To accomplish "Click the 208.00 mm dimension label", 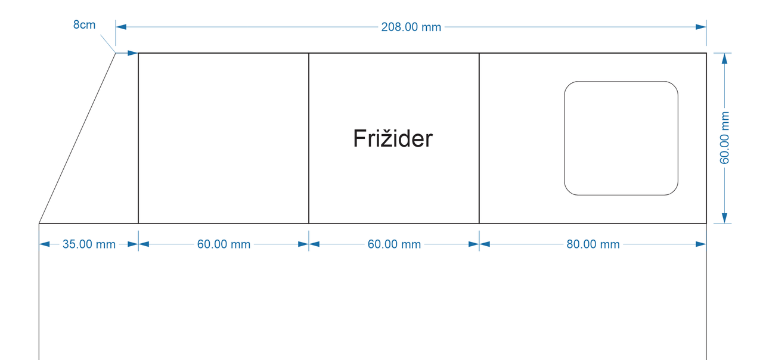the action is coord(411,27).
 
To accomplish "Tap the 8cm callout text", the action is coord(84,25).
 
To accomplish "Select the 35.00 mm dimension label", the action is coord(89,244).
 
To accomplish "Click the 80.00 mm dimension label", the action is coord(593,244).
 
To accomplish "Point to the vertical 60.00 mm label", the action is coord(724,138).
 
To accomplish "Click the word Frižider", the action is coord(393,139).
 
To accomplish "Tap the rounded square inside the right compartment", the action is coord(621,138).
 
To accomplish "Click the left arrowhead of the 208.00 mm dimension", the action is coord(121,27).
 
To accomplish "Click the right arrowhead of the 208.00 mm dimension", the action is coord(701,27).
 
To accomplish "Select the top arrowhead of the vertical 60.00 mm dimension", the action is coord(724,58).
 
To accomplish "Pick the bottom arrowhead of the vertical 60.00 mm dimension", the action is coord(724,218).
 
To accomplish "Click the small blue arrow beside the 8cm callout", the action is coord(132,53).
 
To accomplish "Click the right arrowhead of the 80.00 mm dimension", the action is coord(701,244).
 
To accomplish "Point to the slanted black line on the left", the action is coord(77,138).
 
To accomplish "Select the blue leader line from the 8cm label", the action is coord(107,44).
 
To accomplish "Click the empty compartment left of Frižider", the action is coord(224,138).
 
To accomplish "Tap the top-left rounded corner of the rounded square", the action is coord(569,86).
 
